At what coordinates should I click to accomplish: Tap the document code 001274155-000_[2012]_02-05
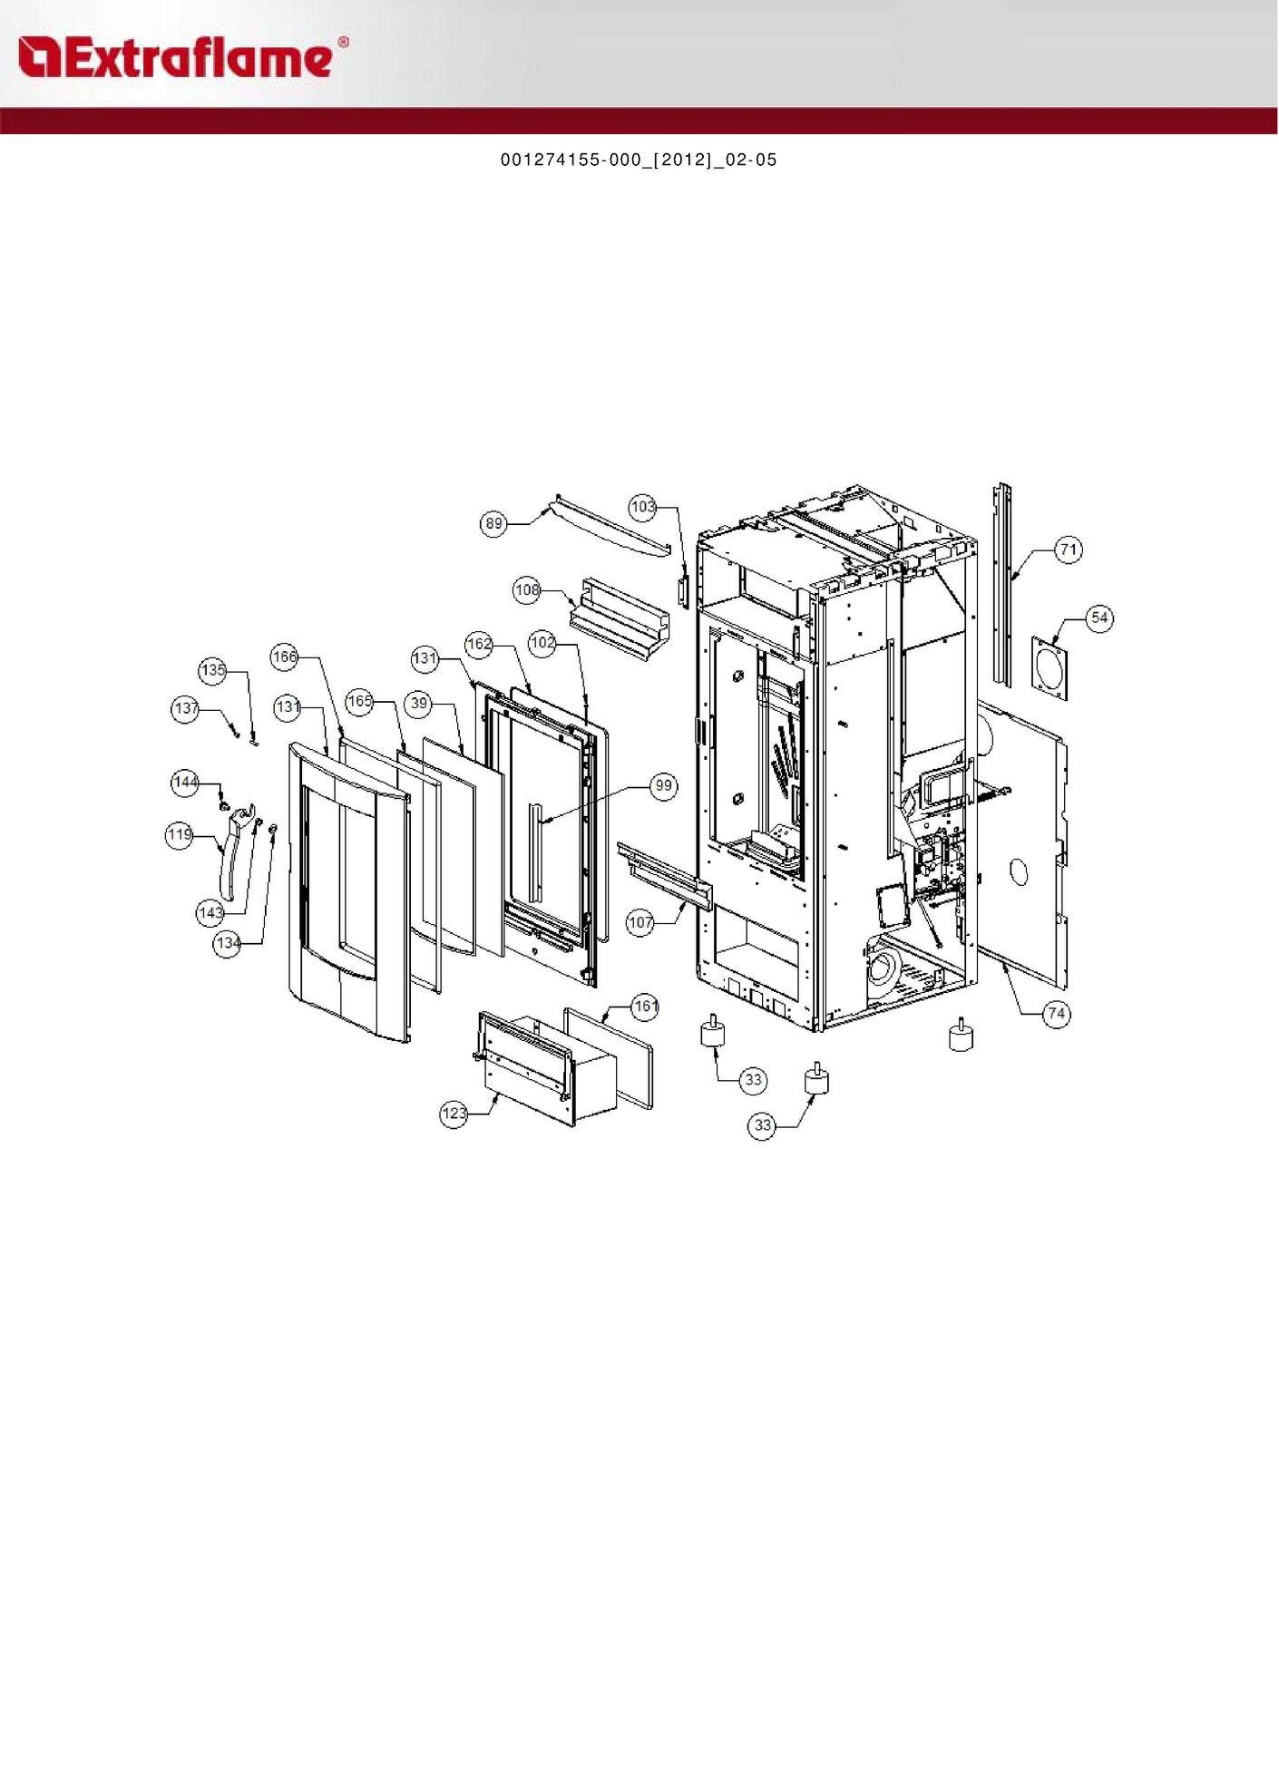639,160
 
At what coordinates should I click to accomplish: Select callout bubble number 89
493,523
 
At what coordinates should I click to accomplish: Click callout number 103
643,507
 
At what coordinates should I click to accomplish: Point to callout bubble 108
527,589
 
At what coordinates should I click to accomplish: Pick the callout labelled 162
479,644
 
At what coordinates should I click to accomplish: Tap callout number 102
542,643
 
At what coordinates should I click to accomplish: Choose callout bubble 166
285,657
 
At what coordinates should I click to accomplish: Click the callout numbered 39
418,703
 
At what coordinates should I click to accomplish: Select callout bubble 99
664,785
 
